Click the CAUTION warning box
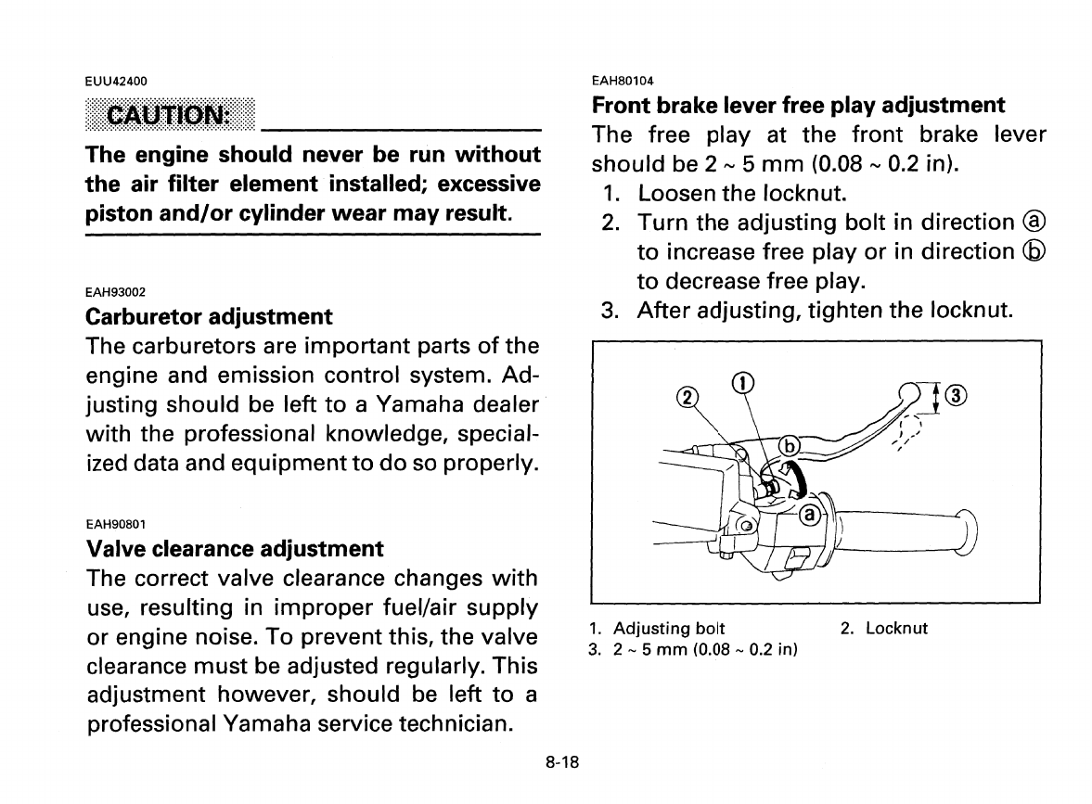(169, 115)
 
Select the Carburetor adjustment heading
(208, 316)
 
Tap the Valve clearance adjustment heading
(234, 548)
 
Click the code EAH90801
(116, 523)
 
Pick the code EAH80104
(623, 80)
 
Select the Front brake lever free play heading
(798, 105)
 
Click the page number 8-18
(561, 763)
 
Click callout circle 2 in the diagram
(687, 397)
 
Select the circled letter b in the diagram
(788, 446)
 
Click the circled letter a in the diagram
(808, 514)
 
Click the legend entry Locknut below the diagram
(895, 629)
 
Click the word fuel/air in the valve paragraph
(402, 607)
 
